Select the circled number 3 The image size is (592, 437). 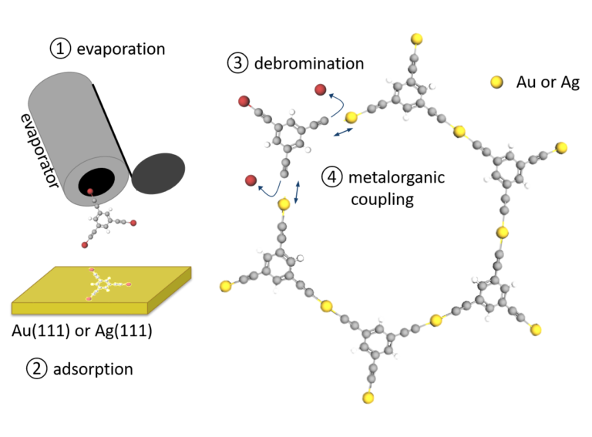tap(237, 63)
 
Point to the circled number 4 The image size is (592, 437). tap(331, 177)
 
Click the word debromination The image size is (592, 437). tap(308, 63)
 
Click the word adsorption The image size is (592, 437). tap(92, 368)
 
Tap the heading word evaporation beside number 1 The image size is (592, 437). tap(119, 49)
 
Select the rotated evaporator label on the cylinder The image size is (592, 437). tap(40, 140)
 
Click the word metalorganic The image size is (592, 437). tap(395, 177)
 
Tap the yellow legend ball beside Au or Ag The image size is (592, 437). tap(496, 81)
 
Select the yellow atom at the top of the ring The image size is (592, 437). tap(416, 39)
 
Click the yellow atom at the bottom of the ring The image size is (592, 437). tap(368, 398)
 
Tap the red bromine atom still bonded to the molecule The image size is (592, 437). tap(243, 100)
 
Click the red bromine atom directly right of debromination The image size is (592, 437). tap(321, 91)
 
